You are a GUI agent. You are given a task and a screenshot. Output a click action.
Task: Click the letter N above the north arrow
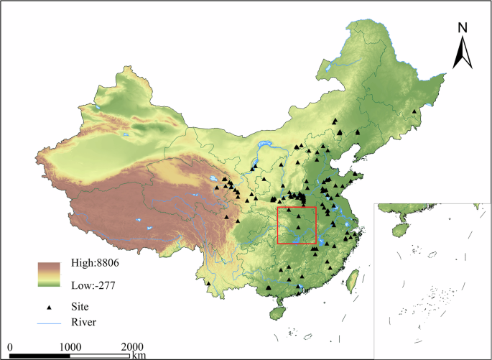pos(463,28)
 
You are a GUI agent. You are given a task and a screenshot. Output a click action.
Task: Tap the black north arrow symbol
pos(462,53)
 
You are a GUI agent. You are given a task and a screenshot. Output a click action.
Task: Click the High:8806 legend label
pos(95,264)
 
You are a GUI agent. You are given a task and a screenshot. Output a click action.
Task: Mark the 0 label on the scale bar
pos(10,346)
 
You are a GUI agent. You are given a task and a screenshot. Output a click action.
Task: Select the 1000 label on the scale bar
pos(70,346)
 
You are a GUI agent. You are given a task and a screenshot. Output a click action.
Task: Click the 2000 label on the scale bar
pos(131,346)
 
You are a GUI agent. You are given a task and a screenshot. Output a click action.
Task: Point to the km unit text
pos(139,355)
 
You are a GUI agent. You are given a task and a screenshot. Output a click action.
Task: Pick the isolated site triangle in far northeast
pos(414,111)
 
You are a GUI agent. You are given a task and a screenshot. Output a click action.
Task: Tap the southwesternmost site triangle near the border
pos(207,285)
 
